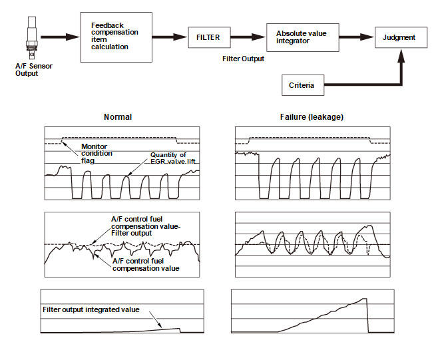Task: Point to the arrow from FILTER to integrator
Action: pos(250,37)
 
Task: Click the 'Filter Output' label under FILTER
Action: pos(243,59)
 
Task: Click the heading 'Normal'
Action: pos(118,116)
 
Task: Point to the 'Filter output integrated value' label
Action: pos(91,309)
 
